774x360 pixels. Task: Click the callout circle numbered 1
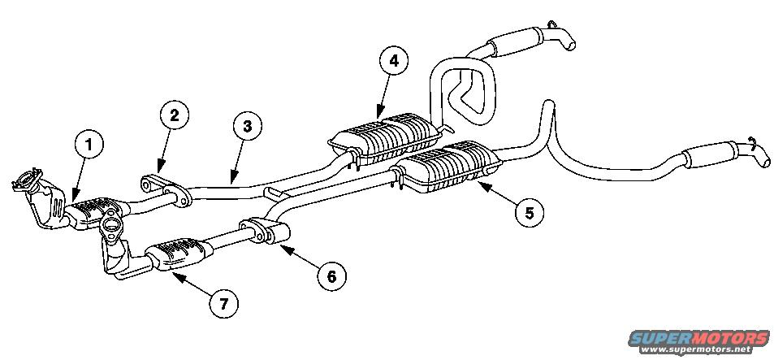click(89, 144)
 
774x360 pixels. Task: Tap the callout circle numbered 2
click(175, 115)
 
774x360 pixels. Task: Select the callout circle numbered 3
click(247, 126)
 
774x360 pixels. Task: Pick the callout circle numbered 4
click(393, 61)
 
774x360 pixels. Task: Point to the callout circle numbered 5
click(530, 213)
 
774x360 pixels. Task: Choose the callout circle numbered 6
click(331, 276)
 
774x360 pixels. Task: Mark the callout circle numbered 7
click(224, 304)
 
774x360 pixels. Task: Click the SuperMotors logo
click(698, 338)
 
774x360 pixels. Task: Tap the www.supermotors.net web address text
click(698, 349)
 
